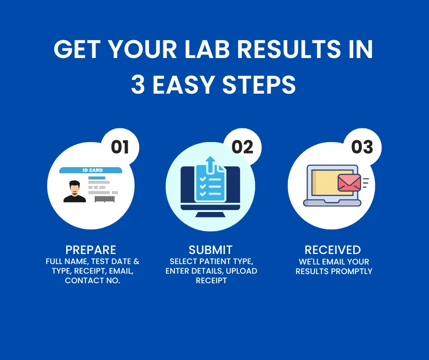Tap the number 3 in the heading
(138, 85)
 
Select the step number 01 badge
(120, 147)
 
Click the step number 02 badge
(242, 147)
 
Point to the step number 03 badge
(362, 147)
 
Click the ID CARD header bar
(91, 170)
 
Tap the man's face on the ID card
(74, 188)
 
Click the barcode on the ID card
(105, 199)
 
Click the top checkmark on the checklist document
(203, 179)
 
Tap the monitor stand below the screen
(210, 214)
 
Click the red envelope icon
(349, 182)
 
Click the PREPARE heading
(91, 250)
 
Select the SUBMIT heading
(210, 250)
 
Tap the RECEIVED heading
(333, 250)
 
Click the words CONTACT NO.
(93, 281)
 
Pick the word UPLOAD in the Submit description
(241, 271)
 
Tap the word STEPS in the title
(259, 85)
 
